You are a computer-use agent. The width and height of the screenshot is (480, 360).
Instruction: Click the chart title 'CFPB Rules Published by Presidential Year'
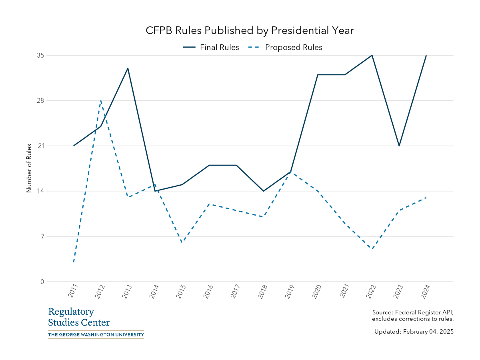pos(250,30)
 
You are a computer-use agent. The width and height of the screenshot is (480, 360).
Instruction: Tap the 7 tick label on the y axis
pos(42,236)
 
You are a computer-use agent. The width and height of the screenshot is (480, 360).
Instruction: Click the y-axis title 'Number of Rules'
pos(29,168)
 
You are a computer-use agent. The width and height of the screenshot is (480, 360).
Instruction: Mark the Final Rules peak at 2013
pos(128,68)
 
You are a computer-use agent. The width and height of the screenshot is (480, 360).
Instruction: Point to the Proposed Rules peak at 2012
pos(101,100)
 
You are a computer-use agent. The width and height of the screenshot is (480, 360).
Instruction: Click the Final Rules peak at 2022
pos(372,55)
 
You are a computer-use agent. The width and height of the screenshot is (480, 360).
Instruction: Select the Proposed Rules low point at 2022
pos(372,249)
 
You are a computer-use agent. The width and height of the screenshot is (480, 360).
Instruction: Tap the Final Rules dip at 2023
pos(399,146)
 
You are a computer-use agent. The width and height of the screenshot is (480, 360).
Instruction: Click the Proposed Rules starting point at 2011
pos(74,262)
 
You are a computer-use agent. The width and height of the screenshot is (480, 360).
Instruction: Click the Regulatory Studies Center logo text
pos(79,317)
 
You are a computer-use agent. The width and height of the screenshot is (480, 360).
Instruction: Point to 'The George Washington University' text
pos(96,334)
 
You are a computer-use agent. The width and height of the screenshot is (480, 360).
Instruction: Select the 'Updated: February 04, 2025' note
pos(414,332)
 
